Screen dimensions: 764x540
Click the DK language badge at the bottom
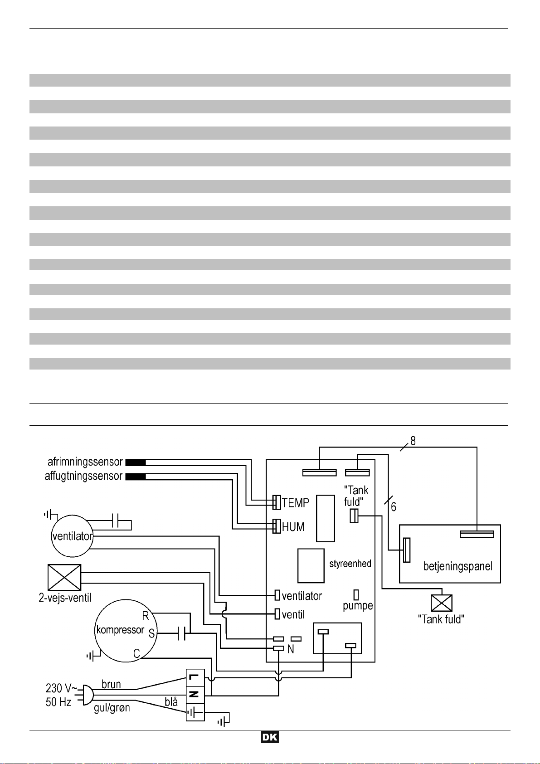pyautogui.click(x=270, y=737)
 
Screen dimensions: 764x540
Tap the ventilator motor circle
pyautogui.click(x=72, y=536)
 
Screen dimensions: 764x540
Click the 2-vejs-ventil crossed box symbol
pyautogui.click(x=64, y=577)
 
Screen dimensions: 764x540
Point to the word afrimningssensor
pyautogui.click(x=85, y=462)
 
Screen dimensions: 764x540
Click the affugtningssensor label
pyautogui.click(x=83, y=476)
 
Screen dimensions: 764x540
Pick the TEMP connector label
pyautogui.click(x=296, y=503)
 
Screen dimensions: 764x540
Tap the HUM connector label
pyautogui.click(x=293, y=527)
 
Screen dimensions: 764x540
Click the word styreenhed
pyautogui.click(x=350, y=564)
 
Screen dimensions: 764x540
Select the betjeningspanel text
pyautogui.click(x=457, y=566)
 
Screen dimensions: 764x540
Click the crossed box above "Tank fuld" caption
pyautogui.click(x=441, y=603)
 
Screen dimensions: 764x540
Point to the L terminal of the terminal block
pyautogui.click(x=195, y=677)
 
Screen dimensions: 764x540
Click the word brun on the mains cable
pyautogui.click(x=111, y=684)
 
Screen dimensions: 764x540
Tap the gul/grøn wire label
pyautogui.click(x=112, y=708)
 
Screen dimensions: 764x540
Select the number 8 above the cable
pyautogui.click(x=413, y=441)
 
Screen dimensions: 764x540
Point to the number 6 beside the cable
pyautogui.click(x=394, y=507)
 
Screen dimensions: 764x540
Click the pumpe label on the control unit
pyautogui.click(x=358, y=606)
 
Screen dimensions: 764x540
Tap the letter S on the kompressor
pyautogui.click(x=151, y=634)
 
